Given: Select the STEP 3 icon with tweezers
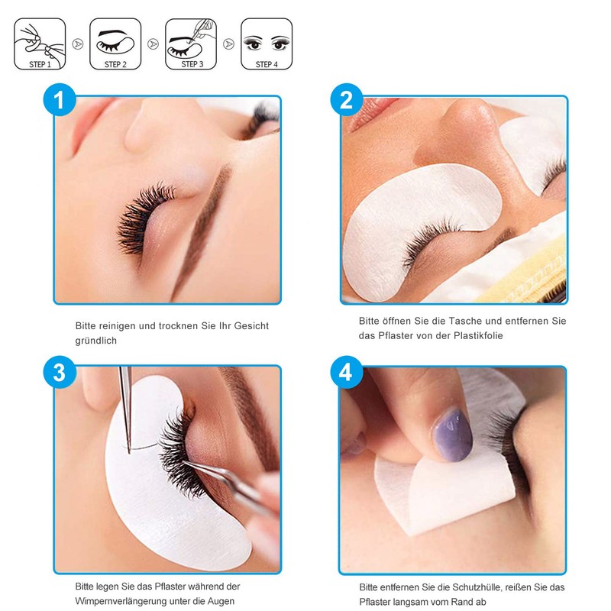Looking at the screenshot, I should pyautogui.click(x=191, y=45).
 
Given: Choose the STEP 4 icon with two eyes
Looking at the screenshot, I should pyautogui.click(x=267, y=45).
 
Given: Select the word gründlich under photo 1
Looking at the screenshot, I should pyautogui.click(x=95, y=341).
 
